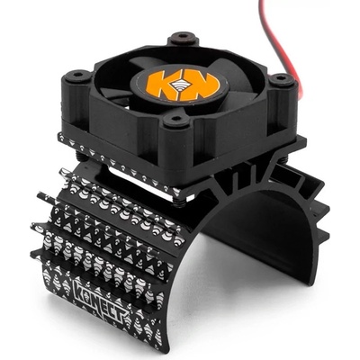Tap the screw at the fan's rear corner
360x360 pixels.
[x=183, y=38]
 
